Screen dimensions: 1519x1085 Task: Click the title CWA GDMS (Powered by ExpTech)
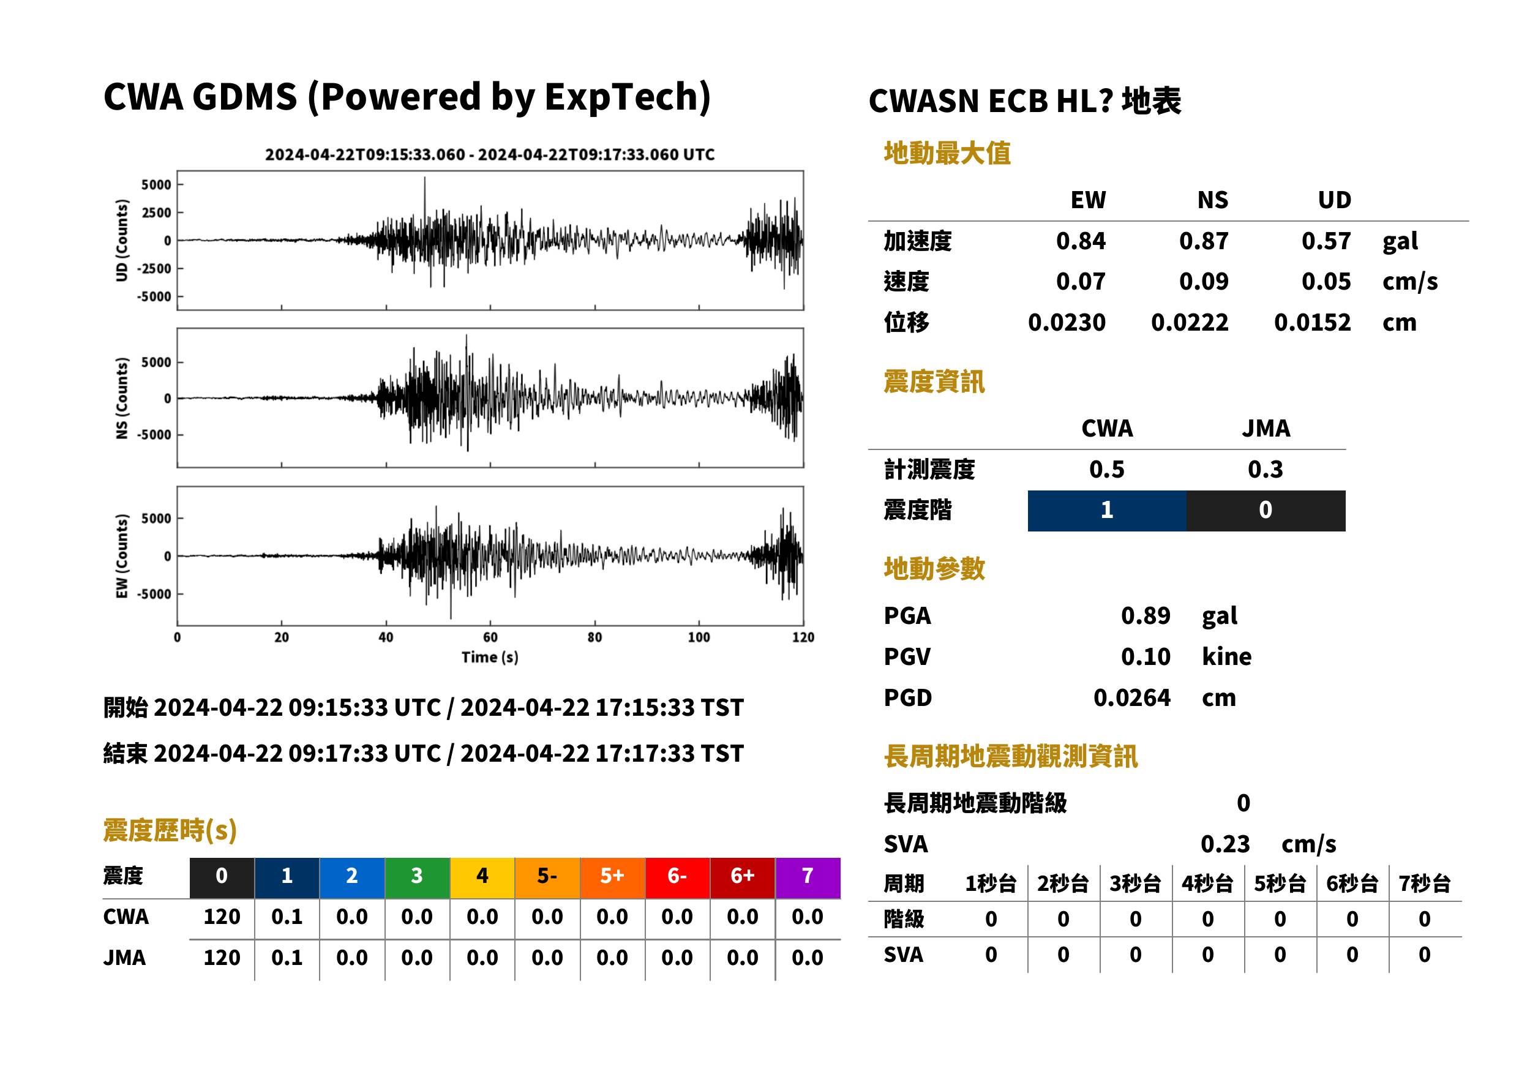coord(407,97)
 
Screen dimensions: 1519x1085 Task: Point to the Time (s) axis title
coord(490,657)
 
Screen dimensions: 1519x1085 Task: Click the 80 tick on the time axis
coord(594,637)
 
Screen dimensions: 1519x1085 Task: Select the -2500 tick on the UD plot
coord(154,269)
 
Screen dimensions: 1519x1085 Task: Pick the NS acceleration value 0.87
coord(1204,241)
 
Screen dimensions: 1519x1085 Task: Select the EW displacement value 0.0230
coord(1067,323)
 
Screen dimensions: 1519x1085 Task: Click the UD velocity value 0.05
coord(1326,282)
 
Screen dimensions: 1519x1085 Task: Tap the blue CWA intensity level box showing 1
coord(1107,511)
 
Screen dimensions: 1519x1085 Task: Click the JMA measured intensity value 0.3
coord(1265,470)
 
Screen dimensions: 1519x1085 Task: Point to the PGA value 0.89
coord(1146,615)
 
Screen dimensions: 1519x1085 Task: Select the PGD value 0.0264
coord(1132,698)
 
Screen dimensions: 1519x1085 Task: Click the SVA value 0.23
coord(1225,844)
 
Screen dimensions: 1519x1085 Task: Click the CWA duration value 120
coord(222,917)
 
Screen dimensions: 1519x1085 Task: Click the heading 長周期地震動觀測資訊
coord(1011,756)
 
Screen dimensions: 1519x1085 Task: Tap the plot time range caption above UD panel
coord(490,155)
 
